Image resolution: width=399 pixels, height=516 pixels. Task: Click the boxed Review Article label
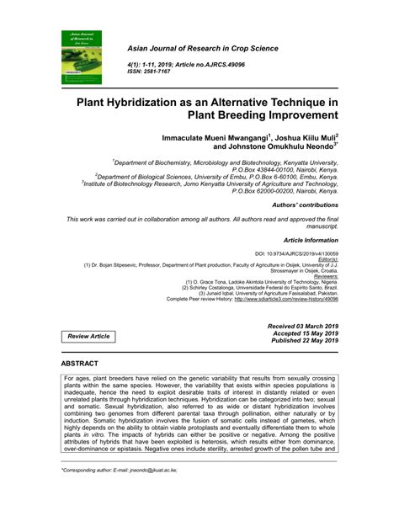[87, 337]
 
